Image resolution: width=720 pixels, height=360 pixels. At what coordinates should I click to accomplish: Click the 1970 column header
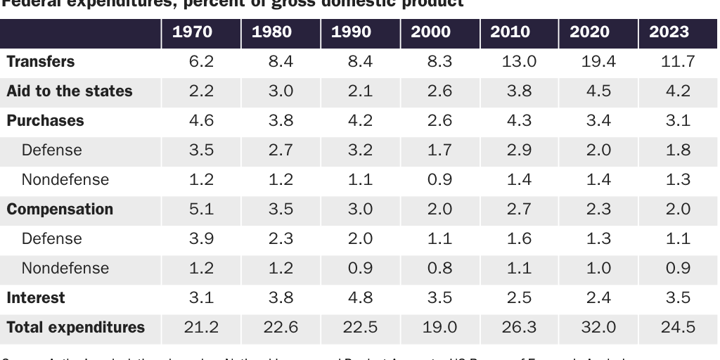(201, 32)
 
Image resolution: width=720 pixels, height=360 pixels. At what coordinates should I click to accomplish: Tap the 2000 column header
(439, 32)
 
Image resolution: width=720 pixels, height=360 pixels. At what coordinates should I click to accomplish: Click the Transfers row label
(41, 62)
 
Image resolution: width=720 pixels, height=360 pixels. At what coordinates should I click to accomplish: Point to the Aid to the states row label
(70, 91)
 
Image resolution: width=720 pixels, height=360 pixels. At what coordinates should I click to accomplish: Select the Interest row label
(36, 298)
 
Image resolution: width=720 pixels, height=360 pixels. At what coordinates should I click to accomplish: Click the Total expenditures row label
(76, 328)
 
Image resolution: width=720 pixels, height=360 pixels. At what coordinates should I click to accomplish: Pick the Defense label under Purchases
(52, 150)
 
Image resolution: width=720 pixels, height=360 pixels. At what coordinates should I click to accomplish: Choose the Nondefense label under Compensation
(65, 269)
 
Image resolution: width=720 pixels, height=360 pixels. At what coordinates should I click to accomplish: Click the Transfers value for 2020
(599, 62)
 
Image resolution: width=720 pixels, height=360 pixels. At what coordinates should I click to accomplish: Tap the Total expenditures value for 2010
(520, 328)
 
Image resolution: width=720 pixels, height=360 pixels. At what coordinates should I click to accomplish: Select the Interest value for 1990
(360, 298)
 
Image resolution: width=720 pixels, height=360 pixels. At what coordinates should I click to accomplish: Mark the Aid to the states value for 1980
(281, 91)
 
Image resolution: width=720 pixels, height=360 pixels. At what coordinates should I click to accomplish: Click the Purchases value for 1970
(201, 121)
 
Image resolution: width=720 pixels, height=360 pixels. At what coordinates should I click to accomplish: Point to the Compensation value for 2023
(679, 210)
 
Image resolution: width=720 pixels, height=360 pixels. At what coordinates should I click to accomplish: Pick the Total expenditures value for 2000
(439, 328)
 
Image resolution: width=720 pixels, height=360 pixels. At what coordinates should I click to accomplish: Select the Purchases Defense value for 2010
(520, 150)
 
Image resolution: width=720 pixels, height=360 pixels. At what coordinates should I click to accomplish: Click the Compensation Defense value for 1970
(201, 239)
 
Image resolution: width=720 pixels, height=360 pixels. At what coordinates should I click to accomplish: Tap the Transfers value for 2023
(679, 62)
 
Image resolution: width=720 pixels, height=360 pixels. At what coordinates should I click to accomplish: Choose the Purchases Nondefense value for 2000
(439, 180)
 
